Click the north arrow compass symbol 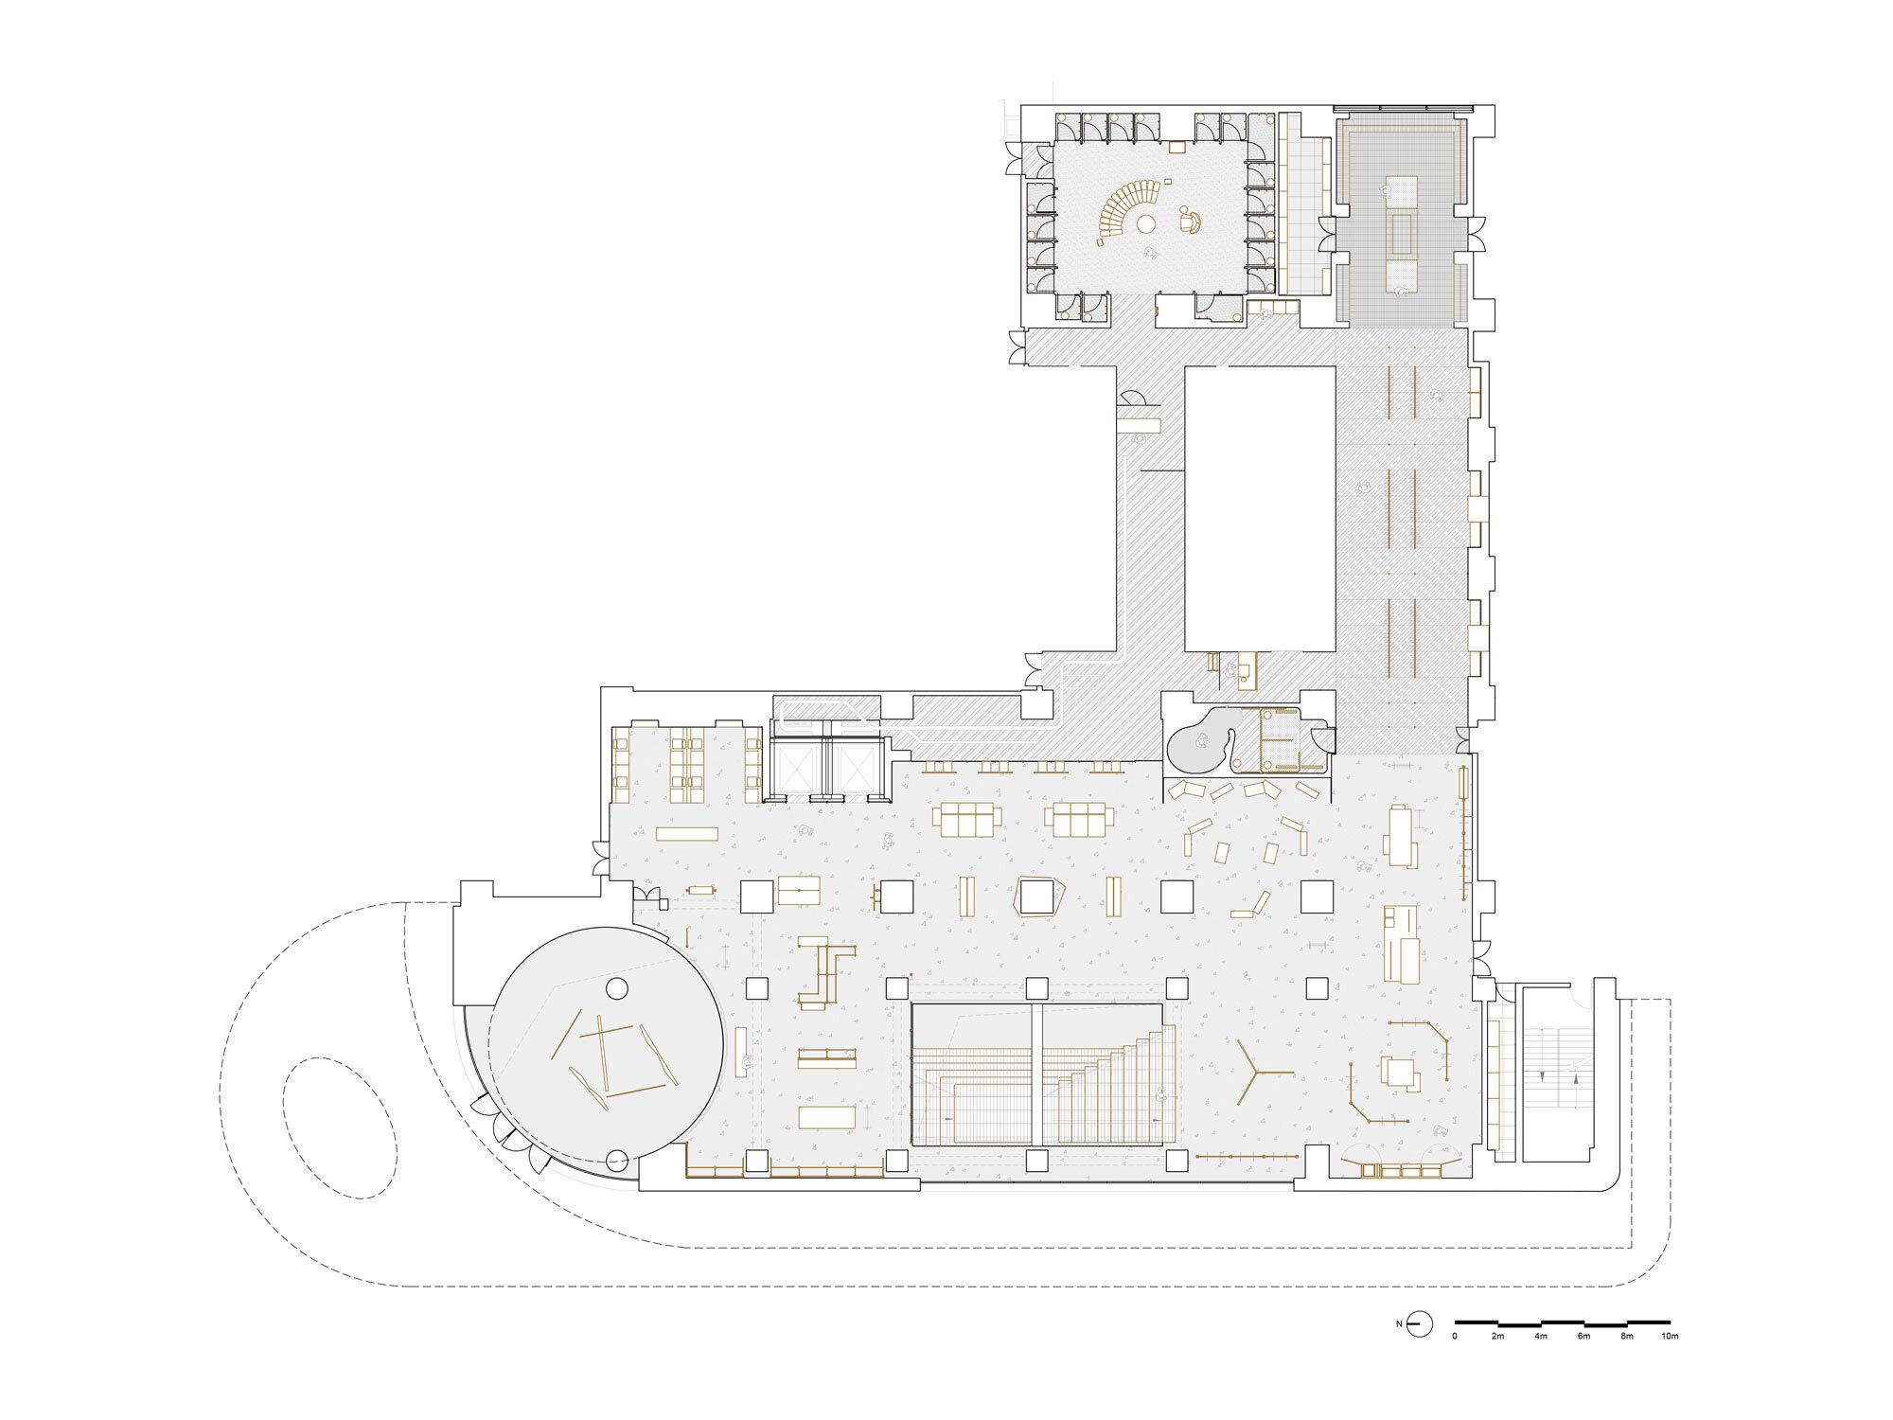[x=1419, y=1323]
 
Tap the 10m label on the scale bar [x=1670, y=1337]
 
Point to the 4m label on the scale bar [x=1541, y=1337]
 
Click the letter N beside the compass [x=1399, y=1323]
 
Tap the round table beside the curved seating [x=1146, y=224]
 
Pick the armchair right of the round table [x=1190, y=222]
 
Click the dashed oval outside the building [x=340, y=1128]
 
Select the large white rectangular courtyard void [x=1260, y=508]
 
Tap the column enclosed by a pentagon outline [x=1037, y=896]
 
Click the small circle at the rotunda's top [x=616, y=989]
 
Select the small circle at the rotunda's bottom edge [x=617, y=1159]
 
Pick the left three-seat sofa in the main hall [x=966, y=820]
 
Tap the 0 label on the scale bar [x=1455, y=1337]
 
